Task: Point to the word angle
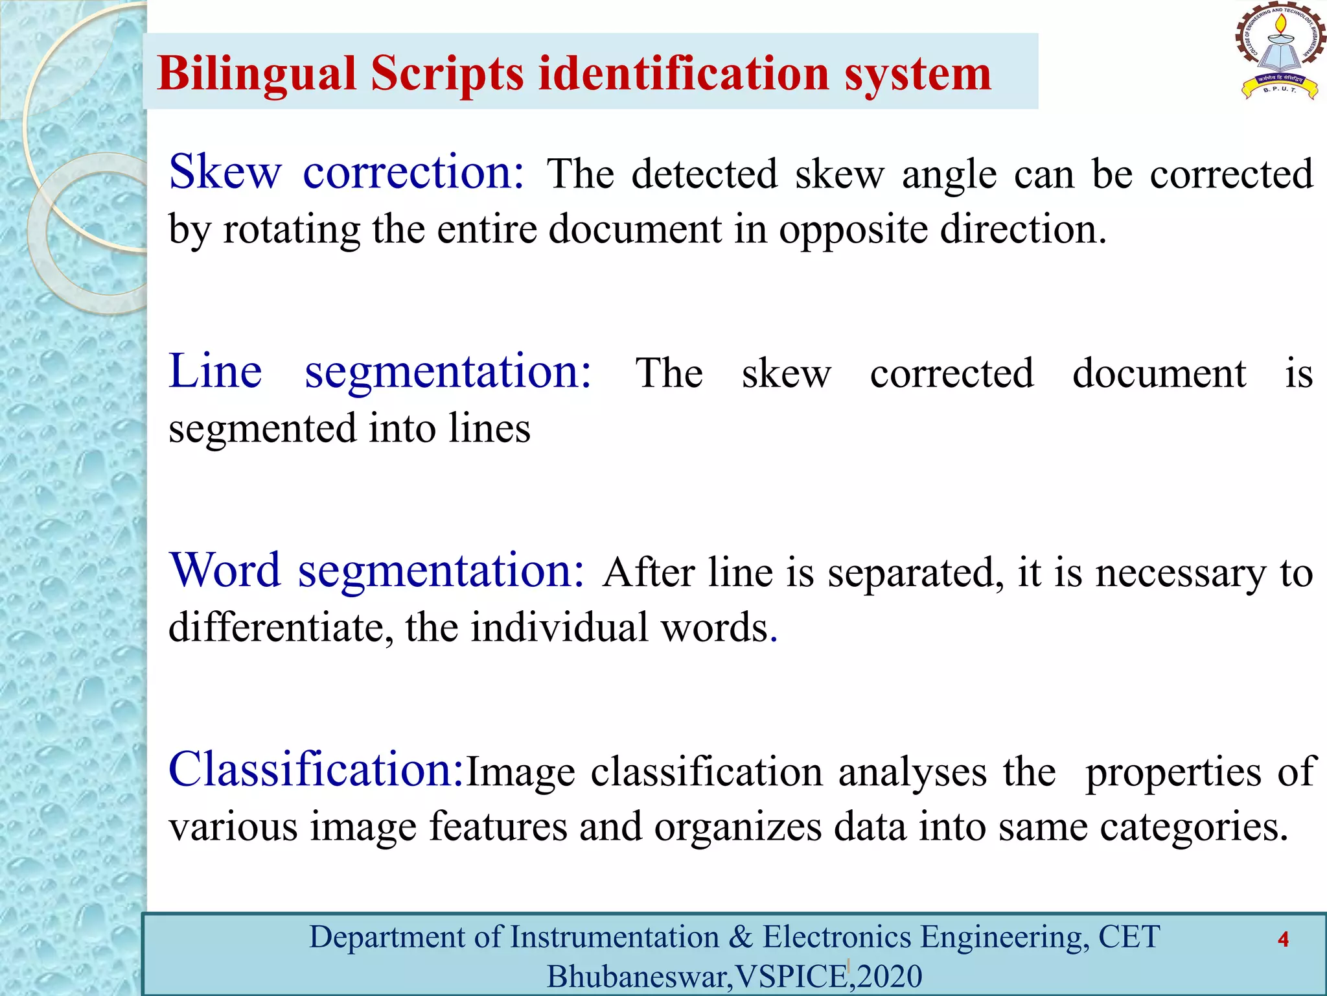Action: [x=949, y=175]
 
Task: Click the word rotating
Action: [x=292, y=230]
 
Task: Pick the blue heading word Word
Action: [x=225, y=571]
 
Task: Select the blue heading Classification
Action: [x=316, y=770]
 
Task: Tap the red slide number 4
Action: [x=1283, y=940]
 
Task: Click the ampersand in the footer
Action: [x=741, y=938]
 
